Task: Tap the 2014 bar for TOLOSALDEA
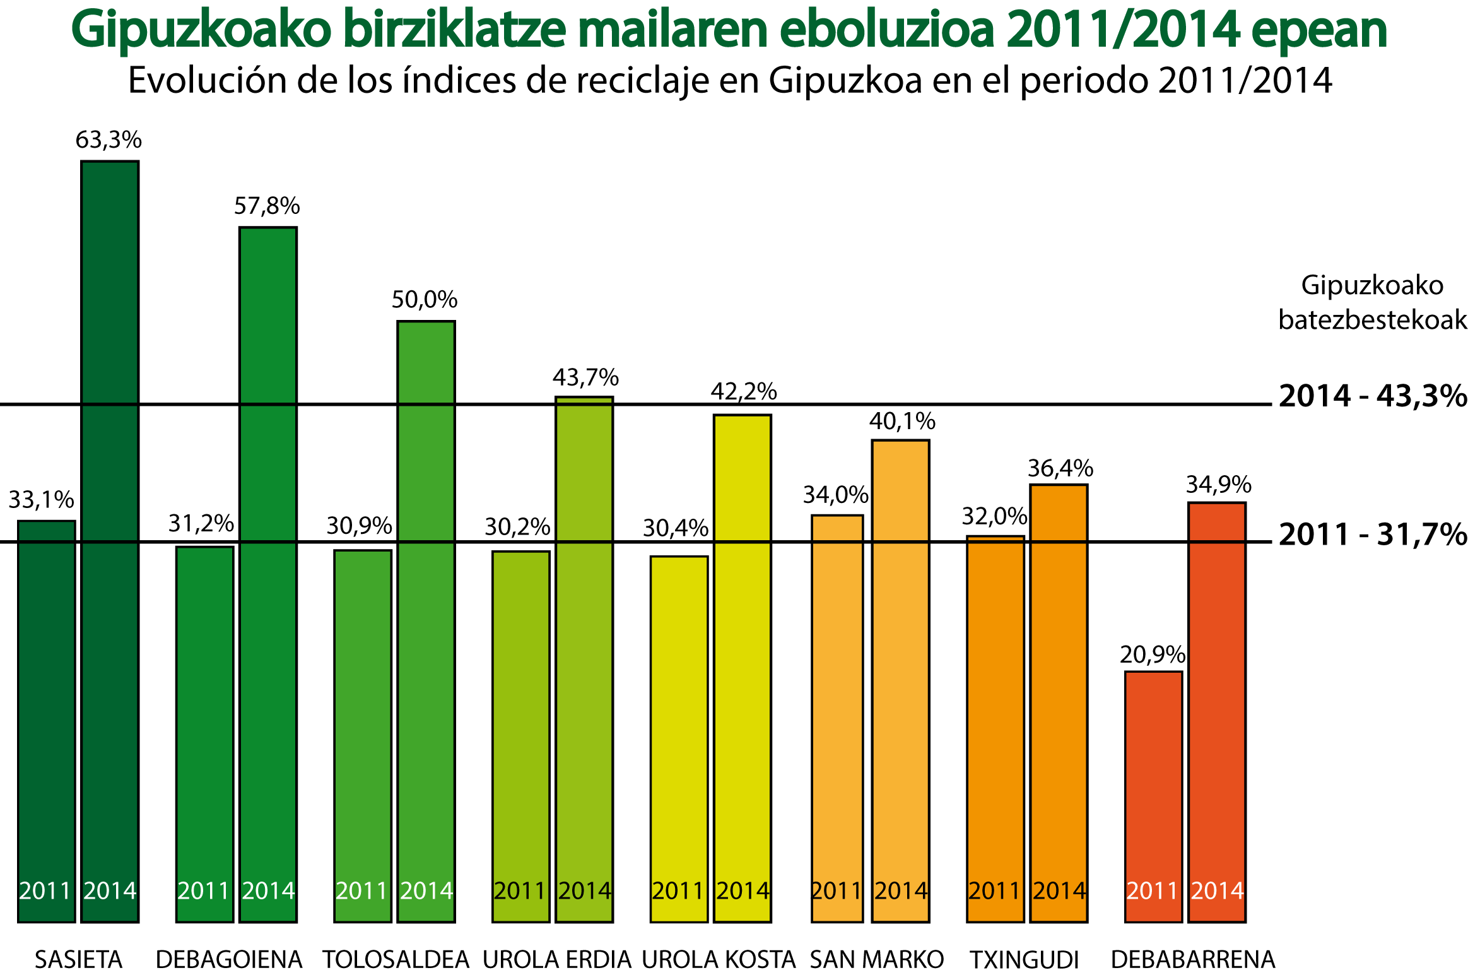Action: tap(426, 622)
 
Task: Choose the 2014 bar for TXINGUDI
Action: tap(1059, 703)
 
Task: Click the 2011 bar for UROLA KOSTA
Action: tap(679, 739)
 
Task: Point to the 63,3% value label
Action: tap(109, 139)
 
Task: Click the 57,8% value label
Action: tap(267, 206)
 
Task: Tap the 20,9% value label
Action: tap(1152, 655)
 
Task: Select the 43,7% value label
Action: tap(585, 377)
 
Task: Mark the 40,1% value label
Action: tap(902, 421)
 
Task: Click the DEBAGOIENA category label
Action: tap(229, 960)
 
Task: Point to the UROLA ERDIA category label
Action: tap(556, 960)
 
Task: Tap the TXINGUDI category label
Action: tap(1024, 960)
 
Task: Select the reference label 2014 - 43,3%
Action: tap(1372, 396)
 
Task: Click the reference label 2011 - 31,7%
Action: tap(1372, 535)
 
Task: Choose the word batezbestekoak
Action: tap(1372, 320)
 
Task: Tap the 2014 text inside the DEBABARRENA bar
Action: tap(1217, 890)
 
